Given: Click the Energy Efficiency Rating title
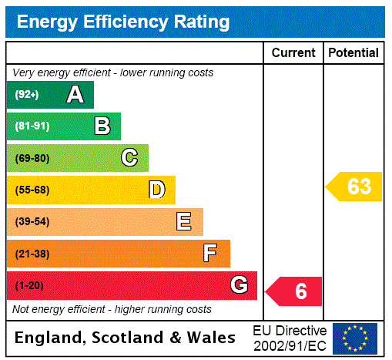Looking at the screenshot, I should (123, 22).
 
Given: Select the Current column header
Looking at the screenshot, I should (293, 52).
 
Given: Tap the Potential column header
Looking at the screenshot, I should (353, 52).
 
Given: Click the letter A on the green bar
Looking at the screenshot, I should (75, 95).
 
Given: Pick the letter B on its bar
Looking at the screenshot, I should (102, 126).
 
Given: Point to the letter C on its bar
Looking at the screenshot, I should (129, 158).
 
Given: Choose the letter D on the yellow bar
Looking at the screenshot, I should (157, 190).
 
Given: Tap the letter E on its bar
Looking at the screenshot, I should (184, 222).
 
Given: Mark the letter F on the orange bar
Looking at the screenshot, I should (210, 254).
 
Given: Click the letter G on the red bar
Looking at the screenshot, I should (239, 285).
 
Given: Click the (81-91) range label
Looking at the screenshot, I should (32, 126).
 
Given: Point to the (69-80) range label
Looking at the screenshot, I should (32, 158).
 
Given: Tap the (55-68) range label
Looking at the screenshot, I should (32, 190).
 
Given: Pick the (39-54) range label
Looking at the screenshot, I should (32, 222).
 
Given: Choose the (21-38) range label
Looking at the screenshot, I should (32, 254).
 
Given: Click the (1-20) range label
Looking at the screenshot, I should (29, 286).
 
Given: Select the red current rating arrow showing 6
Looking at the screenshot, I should (295, 291).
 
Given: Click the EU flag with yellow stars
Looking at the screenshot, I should (355, 338).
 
